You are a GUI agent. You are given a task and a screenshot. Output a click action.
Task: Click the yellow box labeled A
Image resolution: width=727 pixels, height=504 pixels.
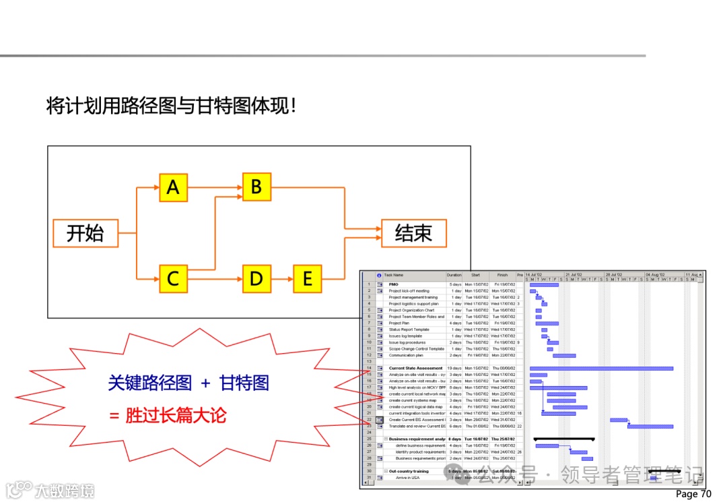[173, 187]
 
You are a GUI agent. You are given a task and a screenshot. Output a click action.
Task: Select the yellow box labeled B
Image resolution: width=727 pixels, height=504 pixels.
[256, 187]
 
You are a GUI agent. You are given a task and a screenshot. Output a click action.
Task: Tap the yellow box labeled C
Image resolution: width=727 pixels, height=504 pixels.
[173, 278]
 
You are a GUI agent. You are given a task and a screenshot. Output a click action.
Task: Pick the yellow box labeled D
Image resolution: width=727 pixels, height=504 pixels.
[256, 278]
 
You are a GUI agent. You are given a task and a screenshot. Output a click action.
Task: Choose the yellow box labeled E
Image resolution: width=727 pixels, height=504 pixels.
[308, 278]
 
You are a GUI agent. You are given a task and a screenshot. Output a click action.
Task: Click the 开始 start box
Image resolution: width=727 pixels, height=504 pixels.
[85, 233]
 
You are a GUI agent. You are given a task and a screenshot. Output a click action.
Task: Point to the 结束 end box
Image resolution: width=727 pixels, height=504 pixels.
[413, 233]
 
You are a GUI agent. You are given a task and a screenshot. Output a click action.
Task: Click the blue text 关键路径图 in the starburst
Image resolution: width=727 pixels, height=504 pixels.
[150, 383]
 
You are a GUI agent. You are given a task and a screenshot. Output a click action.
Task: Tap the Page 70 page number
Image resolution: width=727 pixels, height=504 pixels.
[693, 494]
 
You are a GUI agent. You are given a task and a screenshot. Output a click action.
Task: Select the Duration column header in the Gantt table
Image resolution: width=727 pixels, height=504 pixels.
[454, 276]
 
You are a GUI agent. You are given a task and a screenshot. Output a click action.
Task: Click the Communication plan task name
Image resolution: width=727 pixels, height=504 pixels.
[406, 355]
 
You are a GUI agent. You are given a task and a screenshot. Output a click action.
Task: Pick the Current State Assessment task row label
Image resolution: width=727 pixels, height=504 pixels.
[415, 369]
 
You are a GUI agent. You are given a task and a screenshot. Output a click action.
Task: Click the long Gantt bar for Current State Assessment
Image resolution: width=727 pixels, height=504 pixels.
[601, 369]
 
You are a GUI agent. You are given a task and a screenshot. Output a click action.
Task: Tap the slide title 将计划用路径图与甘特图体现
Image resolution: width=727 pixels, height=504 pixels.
[171, 106]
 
